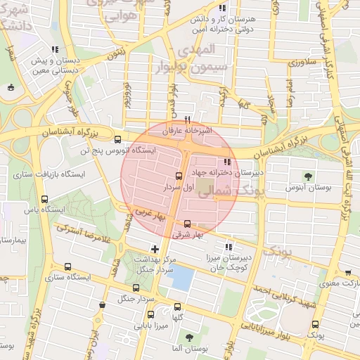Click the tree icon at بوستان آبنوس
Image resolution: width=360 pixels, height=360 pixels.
click(x=308, y=176)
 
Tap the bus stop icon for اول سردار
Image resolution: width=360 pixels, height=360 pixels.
click(x=178, y=176)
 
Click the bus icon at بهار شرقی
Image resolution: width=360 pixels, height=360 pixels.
click(x=187, y=224)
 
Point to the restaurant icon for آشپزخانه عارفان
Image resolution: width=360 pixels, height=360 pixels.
click(x=187, y=119)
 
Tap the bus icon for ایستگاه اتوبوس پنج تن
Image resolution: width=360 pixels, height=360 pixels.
click(x=117, y=139)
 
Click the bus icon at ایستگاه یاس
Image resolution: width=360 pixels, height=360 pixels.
click(x=45, y=199)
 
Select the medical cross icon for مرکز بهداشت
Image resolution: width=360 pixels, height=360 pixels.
click(x=155, y=248)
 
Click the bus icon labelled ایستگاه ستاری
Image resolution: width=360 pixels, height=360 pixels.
click(x=67, y=266)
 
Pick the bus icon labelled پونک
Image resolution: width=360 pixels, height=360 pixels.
click(x=315, y=325)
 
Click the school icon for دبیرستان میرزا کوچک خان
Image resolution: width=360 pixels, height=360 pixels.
click(x=228, y=247)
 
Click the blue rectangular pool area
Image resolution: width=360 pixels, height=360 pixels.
click(x=181, y=278)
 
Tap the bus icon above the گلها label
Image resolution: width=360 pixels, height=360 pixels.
click(x=177, y=307)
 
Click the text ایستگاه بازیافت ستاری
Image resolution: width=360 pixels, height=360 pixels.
click(x=52, y=173)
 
